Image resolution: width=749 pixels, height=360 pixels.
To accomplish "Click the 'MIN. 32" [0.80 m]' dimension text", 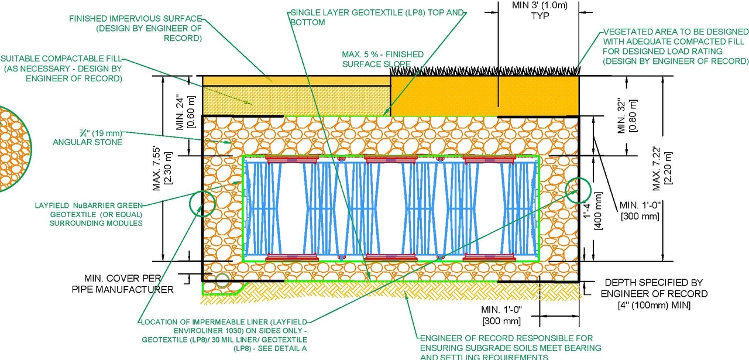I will (x=627, y=115).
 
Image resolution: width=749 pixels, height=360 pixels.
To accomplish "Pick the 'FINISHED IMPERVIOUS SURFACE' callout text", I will (x=136, y=28).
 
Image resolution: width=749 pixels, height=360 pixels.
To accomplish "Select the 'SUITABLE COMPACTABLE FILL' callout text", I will (x=61, y=68).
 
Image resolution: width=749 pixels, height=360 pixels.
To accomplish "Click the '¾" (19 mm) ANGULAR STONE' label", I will (x=88, y=138).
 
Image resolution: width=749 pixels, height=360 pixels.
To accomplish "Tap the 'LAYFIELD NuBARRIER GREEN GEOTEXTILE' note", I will (x=90, y=214).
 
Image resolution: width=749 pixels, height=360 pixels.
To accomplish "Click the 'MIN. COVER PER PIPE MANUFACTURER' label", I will (x=123, y=283).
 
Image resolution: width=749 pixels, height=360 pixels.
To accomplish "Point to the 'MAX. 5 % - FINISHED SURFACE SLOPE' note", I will (x=383, y=59).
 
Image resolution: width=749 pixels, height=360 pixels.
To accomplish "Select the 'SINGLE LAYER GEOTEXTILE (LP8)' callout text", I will (x=378, y=17).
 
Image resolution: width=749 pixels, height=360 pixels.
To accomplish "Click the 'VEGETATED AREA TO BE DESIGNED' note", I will (x=676, y=46).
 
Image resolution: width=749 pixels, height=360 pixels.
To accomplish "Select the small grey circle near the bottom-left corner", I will (x=222, y=280).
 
